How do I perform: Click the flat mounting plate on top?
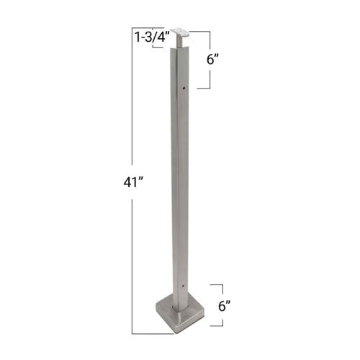coord(179,31)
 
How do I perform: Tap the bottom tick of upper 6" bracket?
coord(202,88)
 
